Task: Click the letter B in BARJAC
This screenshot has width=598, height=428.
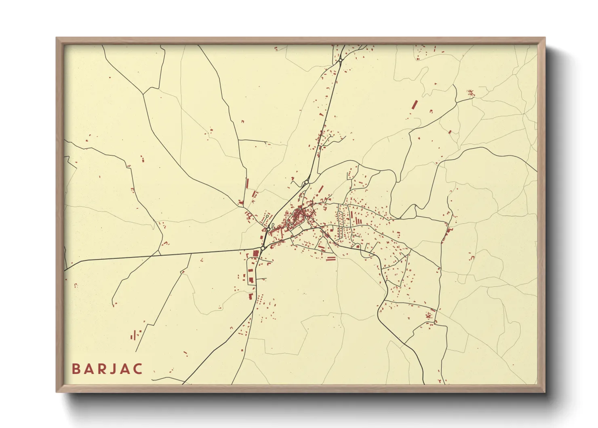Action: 76,369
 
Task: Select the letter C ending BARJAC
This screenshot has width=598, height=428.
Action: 139,369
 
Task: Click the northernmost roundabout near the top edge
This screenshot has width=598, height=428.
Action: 341,60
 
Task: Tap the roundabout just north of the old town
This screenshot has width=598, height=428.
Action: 307,182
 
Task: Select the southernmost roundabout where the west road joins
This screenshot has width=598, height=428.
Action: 263,248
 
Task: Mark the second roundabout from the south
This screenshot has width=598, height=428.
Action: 268,229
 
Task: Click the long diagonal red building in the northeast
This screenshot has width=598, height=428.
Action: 414,105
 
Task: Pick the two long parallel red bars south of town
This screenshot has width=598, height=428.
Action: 331,258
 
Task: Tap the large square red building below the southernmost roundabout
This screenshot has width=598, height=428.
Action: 255,254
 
